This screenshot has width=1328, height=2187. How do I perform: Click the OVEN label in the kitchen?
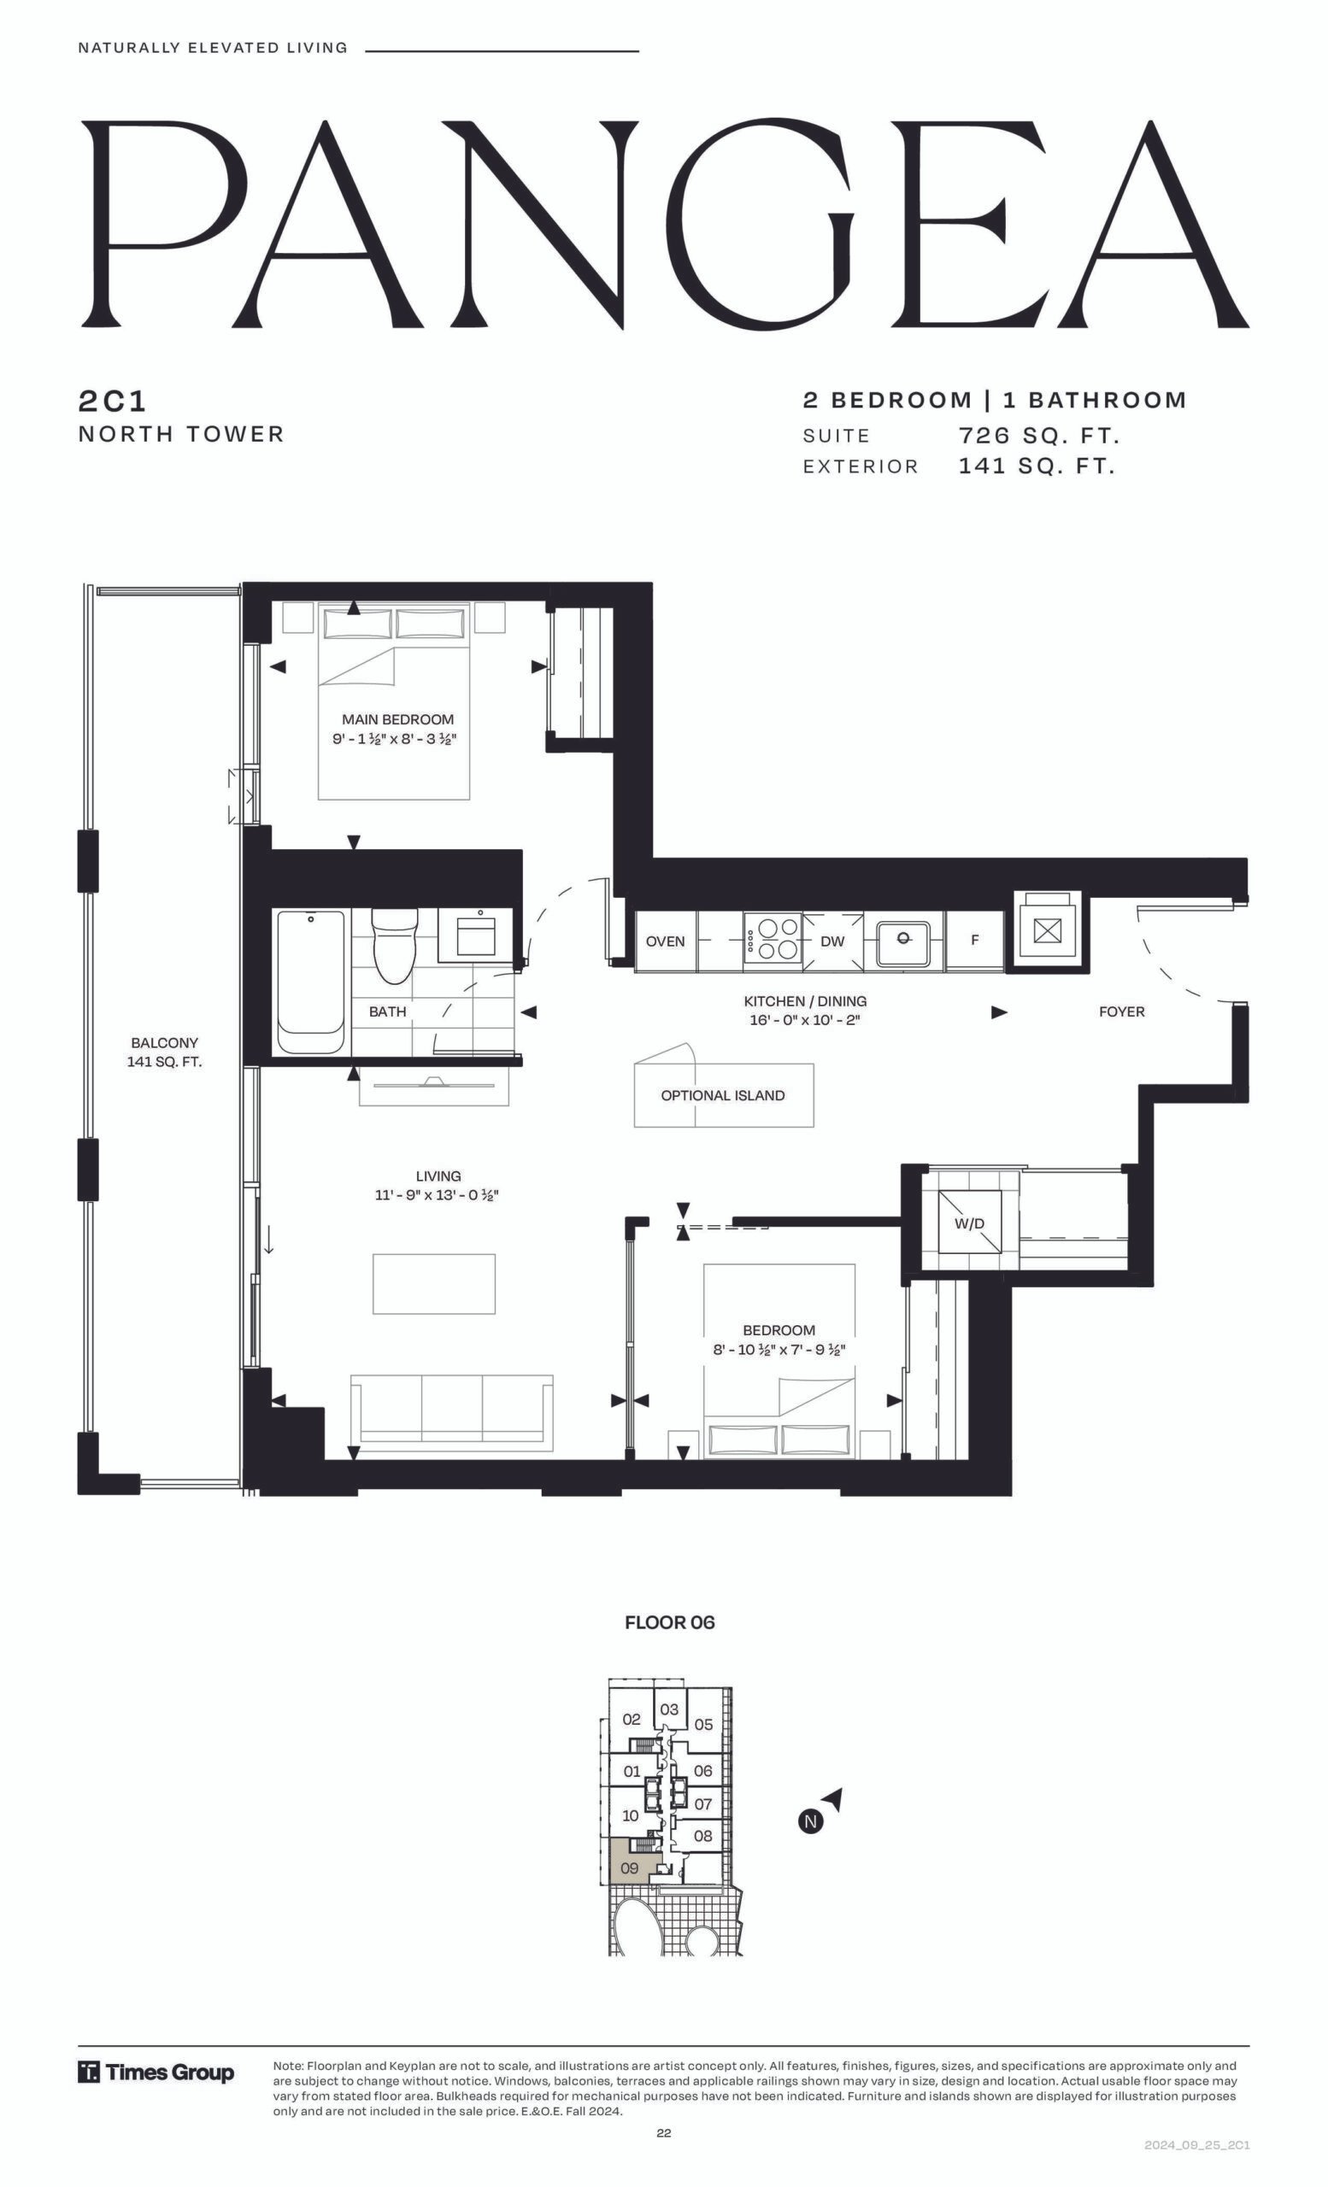click(x=665, y=941)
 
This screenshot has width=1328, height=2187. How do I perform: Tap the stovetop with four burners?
click(x=773, y=939)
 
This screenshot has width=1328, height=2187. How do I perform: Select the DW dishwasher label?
click(x=831, y=941)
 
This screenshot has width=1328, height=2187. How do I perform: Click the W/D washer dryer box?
click(x=969, y=1222)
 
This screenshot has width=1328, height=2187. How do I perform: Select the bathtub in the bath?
click(x=310, y=982)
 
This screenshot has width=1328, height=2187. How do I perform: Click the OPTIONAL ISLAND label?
click(x=723, y=1095)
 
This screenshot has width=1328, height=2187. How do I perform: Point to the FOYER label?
click(x=1121, y=1011)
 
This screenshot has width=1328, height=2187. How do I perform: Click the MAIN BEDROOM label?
click(x=397, y=719)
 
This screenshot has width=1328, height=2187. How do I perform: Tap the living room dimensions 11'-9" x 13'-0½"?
click(x=437, y=1195)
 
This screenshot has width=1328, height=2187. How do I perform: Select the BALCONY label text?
click(x=164, y=1043)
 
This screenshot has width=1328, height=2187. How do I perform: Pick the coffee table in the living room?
click(x=434, y=1283)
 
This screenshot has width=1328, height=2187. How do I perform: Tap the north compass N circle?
click(x=810, y=1822)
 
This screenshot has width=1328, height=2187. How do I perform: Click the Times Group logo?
click(x=156, y=2073)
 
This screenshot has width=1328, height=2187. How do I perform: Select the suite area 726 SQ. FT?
click(x=1038, y=436)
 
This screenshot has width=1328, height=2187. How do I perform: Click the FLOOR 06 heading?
click(x=669, y=1622)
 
